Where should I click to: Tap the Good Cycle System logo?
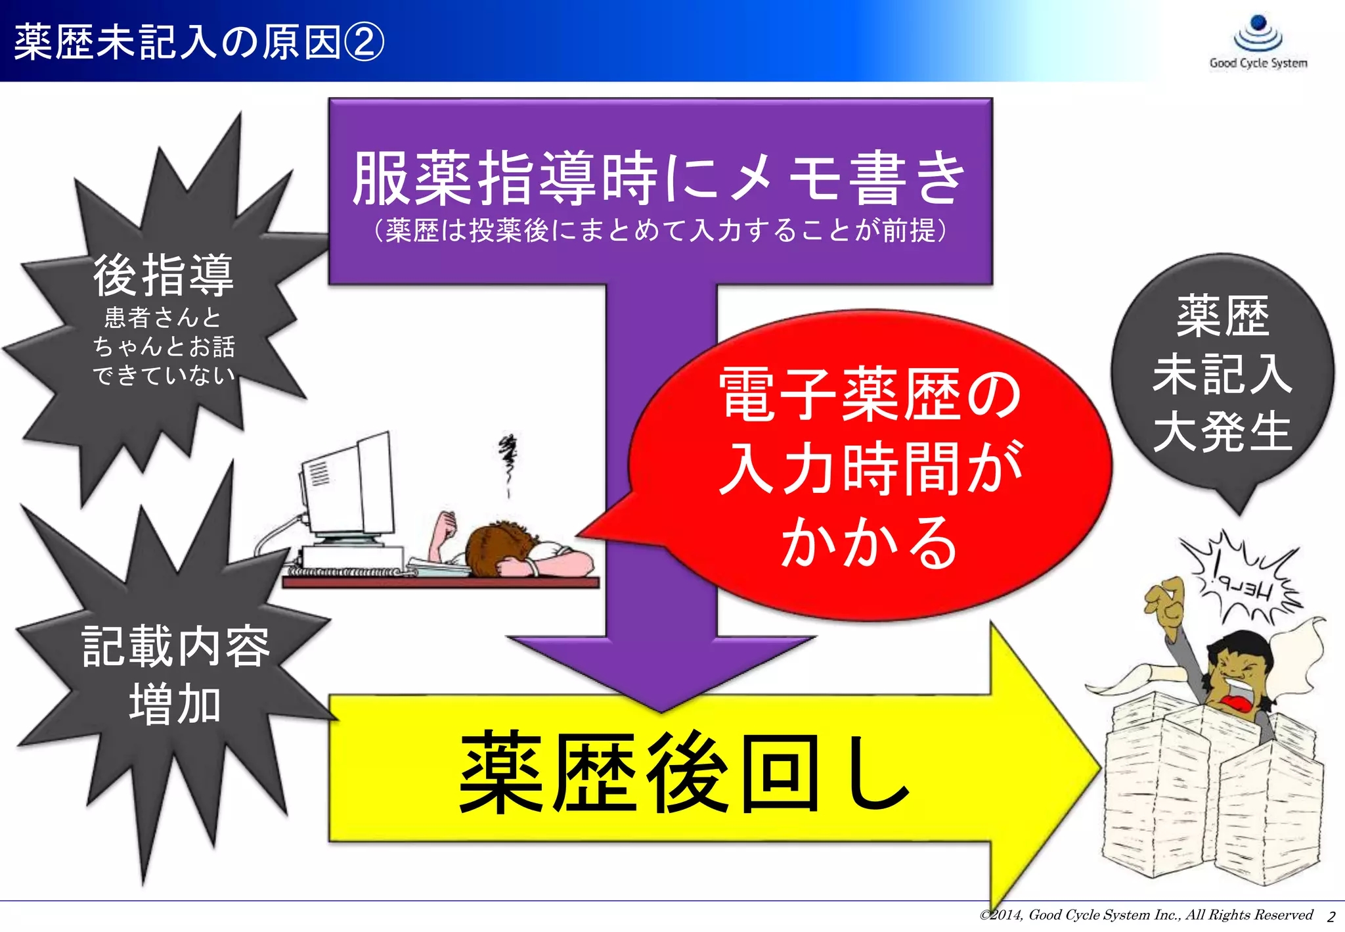pyautogui.click(x=1258, y=42)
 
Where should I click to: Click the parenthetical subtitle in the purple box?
pyautogui.click(x=660, y=231)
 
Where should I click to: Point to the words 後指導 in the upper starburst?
pyautogui.click(x=164, y=275)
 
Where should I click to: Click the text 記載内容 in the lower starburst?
pyautogui.click(x=176, y=646)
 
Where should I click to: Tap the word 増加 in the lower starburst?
pyautogui.click(x=175, y=704)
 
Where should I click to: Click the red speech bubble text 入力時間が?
pyautogui.click(x=871, y=468)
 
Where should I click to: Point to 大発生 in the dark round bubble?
pyautogui.click(x=1223, y=432)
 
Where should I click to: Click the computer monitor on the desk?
pyautogui.click(x=348, y=486)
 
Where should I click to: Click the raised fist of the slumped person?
pyautogui.click(x=447, y=523)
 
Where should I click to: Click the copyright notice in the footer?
pyautogui.click(x=1146, y=915)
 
